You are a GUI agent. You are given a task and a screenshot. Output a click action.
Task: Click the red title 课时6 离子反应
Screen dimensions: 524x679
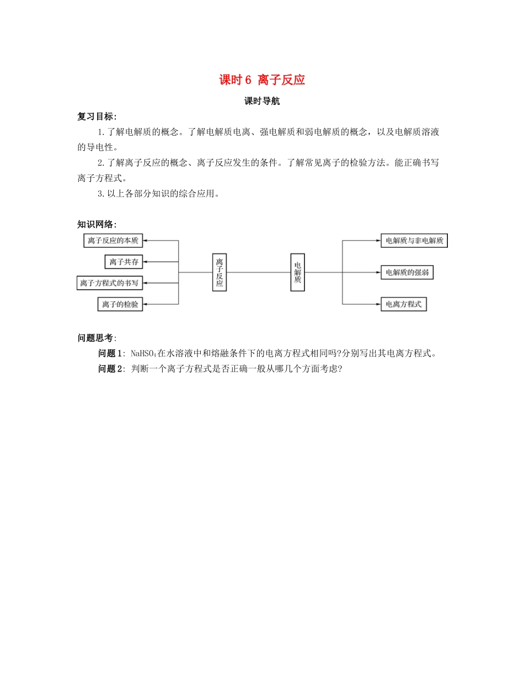click(262, 80)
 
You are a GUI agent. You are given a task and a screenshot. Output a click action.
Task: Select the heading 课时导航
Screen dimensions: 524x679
click(262, 102)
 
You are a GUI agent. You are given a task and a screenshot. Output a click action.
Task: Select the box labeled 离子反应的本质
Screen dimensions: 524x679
click(114, 241)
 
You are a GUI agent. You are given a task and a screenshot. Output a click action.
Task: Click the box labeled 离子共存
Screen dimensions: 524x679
click(124, 262)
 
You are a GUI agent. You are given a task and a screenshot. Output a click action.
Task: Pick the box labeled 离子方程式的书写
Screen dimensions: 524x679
click(109, 283)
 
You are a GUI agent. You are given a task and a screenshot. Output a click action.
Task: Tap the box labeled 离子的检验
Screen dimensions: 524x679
click(120, 304)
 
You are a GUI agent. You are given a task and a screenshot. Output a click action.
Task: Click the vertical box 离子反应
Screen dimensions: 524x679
click(220, 272)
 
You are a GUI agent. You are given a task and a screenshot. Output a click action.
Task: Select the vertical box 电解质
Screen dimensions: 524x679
click(298, 272)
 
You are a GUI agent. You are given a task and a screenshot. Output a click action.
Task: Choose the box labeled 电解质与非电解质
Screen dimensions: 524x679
click(414, 241)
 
